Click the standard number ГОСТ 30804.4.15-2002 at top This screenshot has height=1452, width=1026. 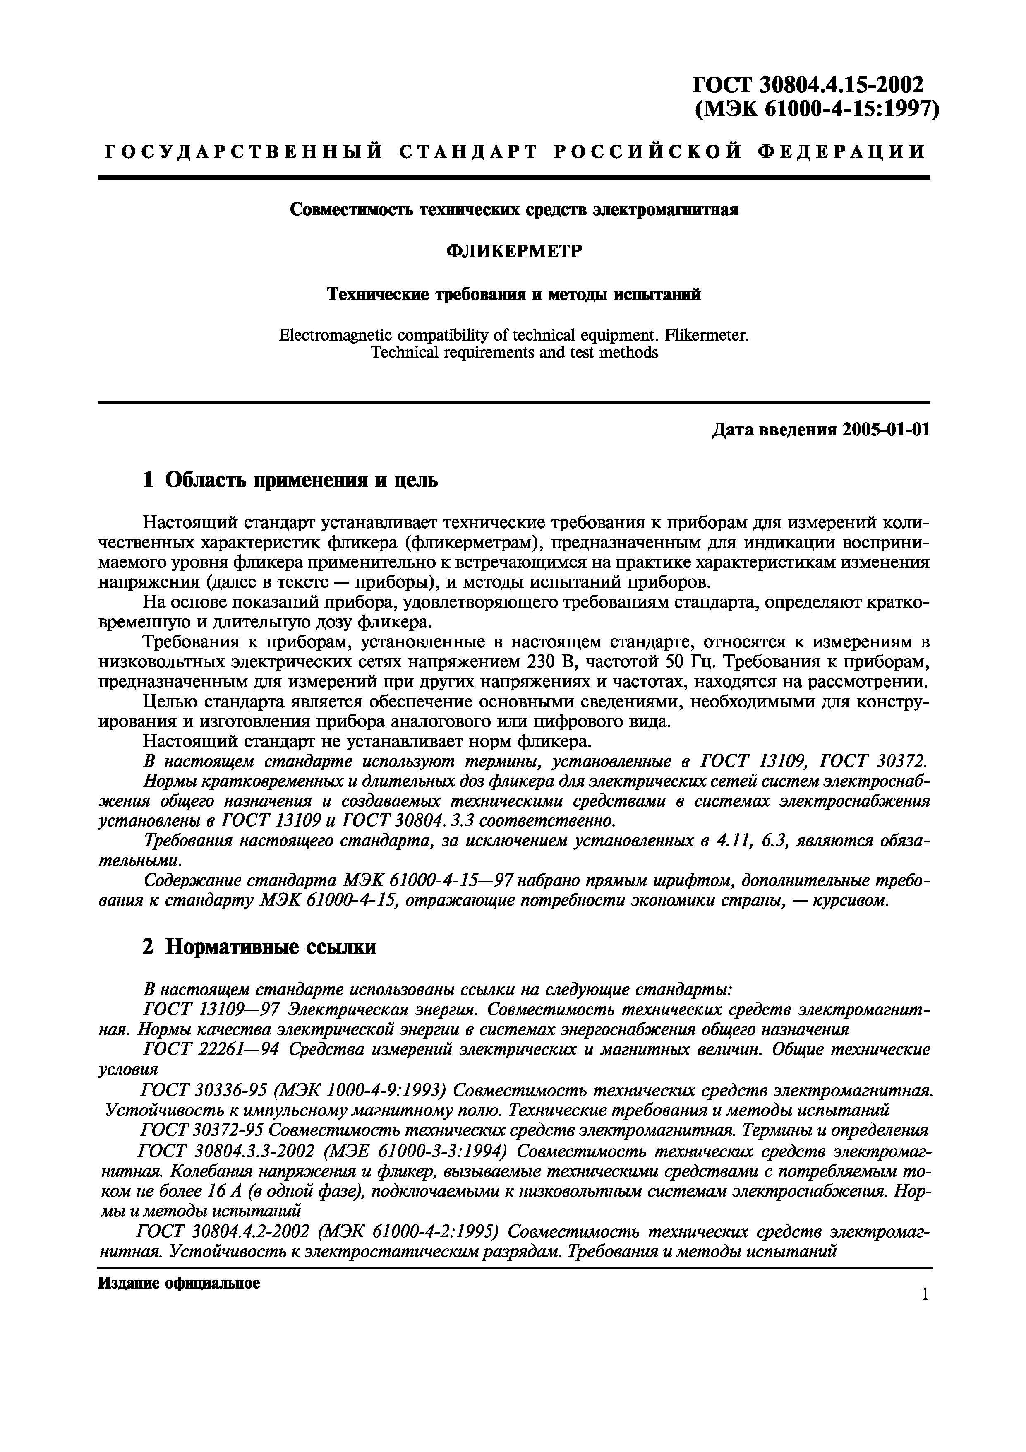[808, 84]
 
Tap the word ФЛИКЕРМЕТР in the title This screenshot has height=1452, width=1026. [513, 252]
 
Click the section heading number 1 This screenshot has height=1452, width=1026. [148, 481]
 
